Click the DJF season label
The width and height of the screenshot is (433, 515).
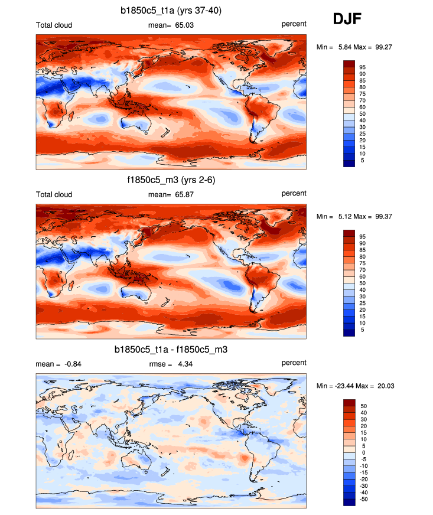coord(347,19)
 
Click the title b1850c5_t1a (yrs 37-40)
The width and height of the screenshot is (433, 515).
coord(171,10)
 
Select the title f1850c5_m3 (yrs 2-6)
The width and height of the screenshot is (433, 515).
coord(171,180)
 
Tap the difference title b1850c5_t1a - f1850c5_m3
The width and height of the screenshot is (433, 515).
coord(171,350)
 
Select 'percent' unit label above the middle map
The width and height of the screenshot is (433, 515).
coord(294,194)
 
